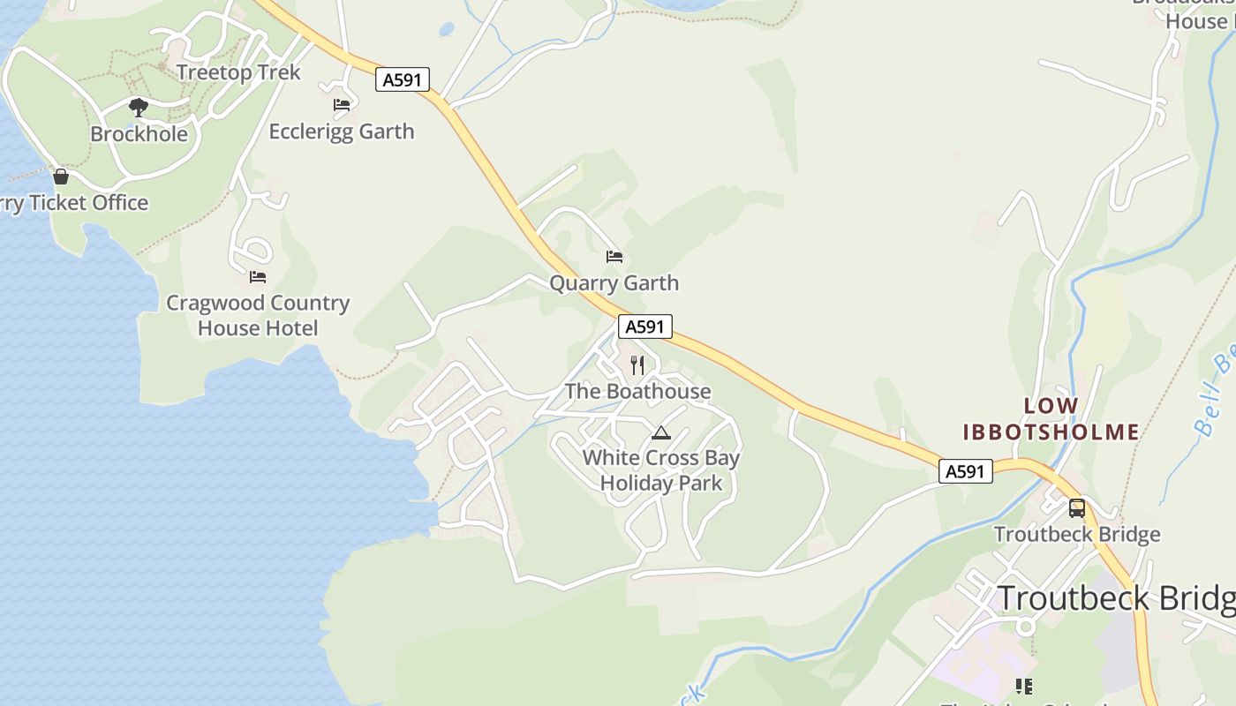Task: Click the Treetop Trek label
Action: (238, 72)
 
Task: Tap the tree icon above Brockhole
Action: (138, 108)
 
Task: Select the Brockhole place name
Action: (139, 134)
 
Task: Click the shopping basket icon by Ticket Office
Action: (61, 176)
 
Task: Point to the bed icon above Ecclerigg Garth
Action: (342, 105)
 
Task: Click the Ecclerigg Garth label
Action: (342, 131)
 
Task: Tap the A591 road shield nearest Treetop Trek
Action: (403, 80)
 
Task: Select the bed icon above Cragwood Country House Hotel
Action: (258, 277)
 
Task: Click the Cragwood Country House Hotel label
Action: (258, 316)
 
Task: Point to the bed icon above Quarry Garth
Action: (614, 257)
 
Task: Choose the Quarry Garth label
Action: (614, 283)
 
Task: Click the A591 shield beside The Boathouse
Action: (644, 327)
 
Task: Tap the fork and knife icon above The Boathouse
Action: (637, 365)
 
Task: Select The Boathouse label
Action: (637, 392)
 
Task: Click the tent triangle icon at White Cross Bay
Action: (661, 432)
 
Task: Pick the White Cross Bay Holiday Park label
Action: (661, 470)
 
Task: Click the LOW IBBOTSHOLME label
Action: (1051, 419)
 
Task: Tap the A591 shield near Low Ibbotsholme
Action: (965, 471)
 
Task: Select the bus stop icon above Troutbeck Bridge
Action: (1077, 508)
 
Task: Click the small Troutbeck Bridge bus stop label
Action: (1077, 535)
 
